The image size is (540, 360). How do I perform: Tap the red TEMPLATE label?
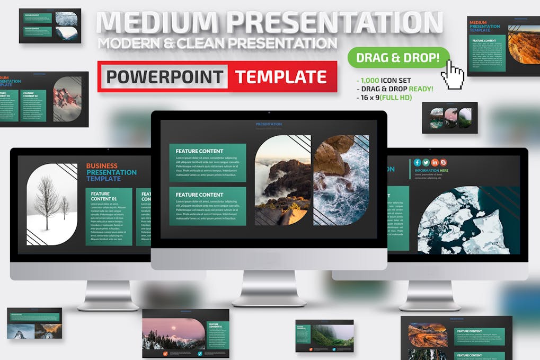[281, 77]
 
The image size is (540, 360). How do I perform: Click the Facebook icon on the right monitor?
[418, 162]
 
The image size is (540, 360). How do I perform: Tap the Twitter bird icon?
[426, 162]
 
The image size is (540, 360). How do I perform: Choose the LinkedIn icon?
[435, 162]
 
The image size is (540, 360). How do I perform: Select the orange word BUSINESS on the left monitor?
[102, 166]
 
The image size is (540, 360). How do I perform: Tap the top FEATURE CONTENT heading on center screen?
[199, 151]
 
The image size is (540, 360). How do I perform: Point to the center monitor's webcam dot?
[269, 113]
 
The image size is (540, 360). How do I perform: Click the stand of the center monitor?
[269, 289]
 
